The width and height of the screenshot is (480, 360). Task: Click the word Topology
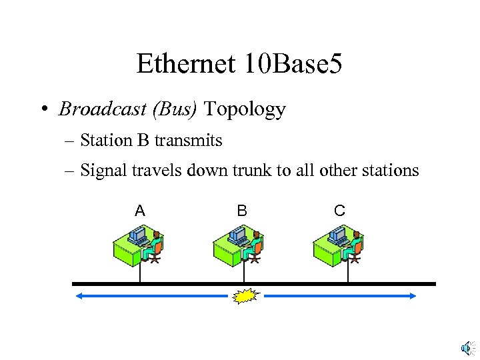(245, 109)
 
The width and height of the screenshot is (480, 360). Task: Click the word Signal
(101, 171)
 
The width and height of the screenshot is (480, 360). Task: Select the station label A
(139, 211)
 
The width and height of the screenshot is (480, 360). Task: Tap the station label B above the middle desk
(242, 211)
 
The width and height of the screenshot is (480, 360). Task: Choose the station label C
(339, 211)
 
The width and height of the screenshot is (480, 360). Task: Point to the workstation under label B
(238, 245)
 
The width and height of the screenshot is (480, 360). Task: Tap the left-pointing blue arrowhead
(79, 296)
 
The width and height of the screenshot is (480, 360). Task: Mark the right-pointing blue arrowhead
(412, 296)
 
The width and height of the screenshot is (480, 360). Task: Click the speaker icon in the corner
(467, 348)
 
